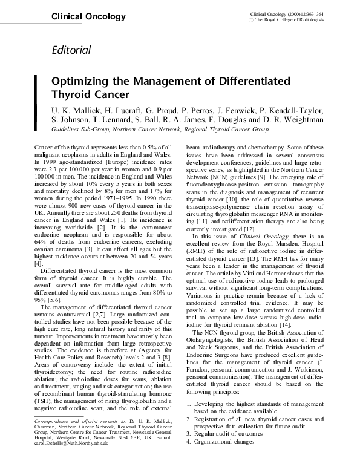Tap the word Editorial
coord(71,50)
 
